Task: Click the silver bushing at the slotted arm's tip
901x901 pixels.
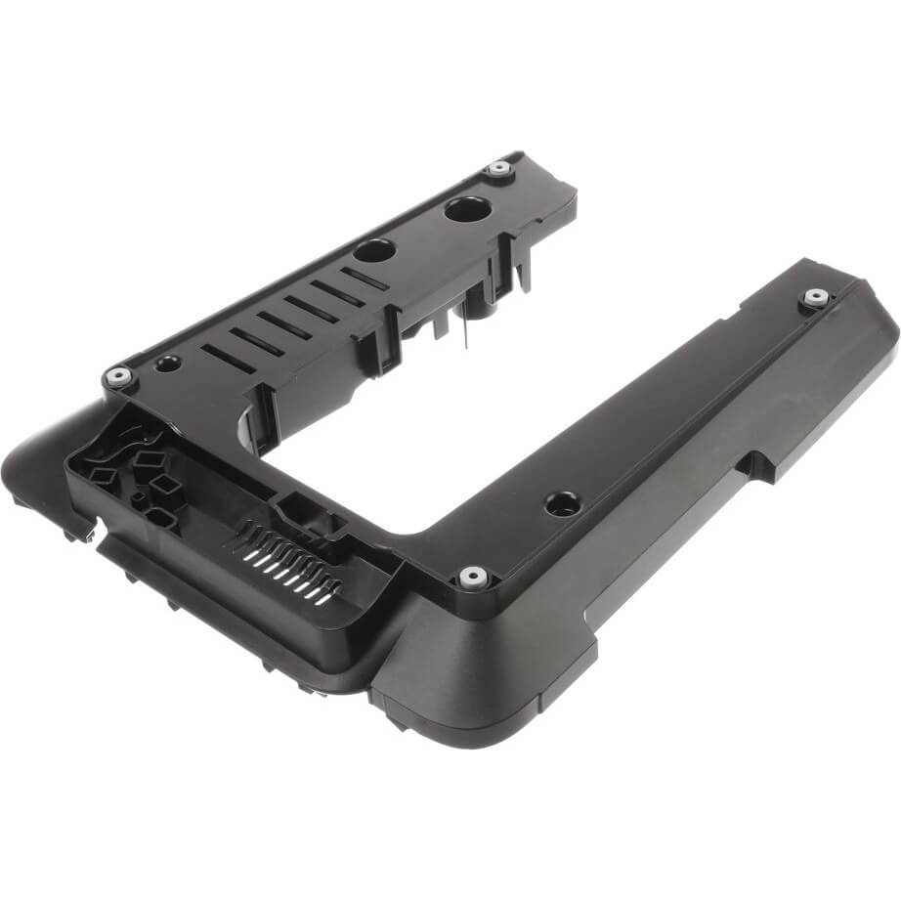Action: click(x=499, y=168)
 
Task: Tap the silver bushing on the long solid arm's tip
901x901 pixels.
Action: click(x=813, y=297)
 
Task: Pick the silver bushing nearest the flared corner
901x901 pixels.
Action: click(x=472, y=577)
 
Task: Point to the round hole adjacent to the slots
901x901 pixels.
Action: click(x=374, y=249)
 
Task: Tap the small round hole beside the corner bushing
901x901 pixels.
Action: click(x=167, y=364)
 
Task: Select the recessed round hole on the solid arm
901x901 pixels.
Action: click(x=560, y=503)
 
